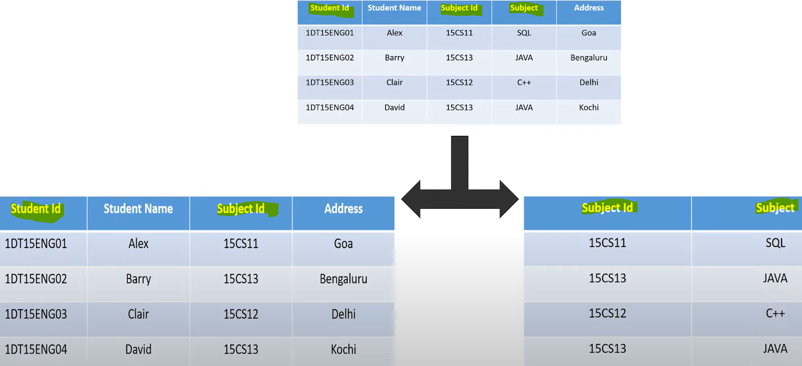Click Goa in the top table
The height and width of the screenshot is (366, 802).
pyautogui.click(x=588, y=33)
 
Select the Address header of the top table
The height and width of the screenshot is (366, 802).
pyautogui.click(x=588, y=8)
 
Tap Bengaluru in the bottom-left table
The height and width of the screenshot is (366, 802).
pyautogui.click(x=343, y=279)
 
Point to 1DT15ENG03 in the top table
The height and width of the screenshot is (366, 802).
pyautogui.click(x=329, y=82)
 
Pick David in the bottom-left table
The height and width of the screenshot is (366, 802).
pyautogui.click(x=138, y=349)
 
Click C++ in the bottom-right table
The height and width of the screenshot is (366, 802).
pyautogui.click(x=775, y=313)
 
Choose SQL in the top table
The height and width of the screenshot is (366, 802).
pyautogui.click(x=524, y=33)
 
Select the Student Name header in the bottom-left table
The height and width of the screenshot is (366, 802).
pyautogui.click(x=138, y=209)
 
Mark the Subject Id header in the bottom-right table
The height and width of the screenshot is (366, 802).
pyautogui.click(x=607, y=208)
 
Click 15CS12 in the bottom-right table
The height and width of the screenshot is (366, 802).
pyautogui.click(x=607, y=313)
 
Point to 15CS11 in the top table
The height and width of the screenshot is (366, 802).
pyautogui.click(x=459, y=33)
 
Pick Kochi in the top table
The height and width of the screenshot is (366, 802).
pyautogui.click(x=588, y=107)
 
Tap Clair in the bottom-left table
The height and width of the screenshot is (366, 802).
pyautogui.click(x=138, y=314)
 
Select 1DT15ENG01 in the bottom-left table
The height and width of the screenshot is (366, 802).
pyautogui.click(x=36, y=243)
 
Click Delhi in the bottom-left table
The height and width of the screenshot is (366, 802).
pyautogui.click(x=343, y=314)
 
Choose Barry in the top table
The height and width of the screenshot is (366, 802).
pyautogui.click(x=394, y=58)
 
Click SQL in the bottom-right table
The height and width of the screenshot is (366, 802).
pyautogui.click(x=775, y=243)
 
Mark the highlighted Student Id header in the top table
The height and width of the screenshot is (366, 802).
pyautogui.click(x=329, y=8)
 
